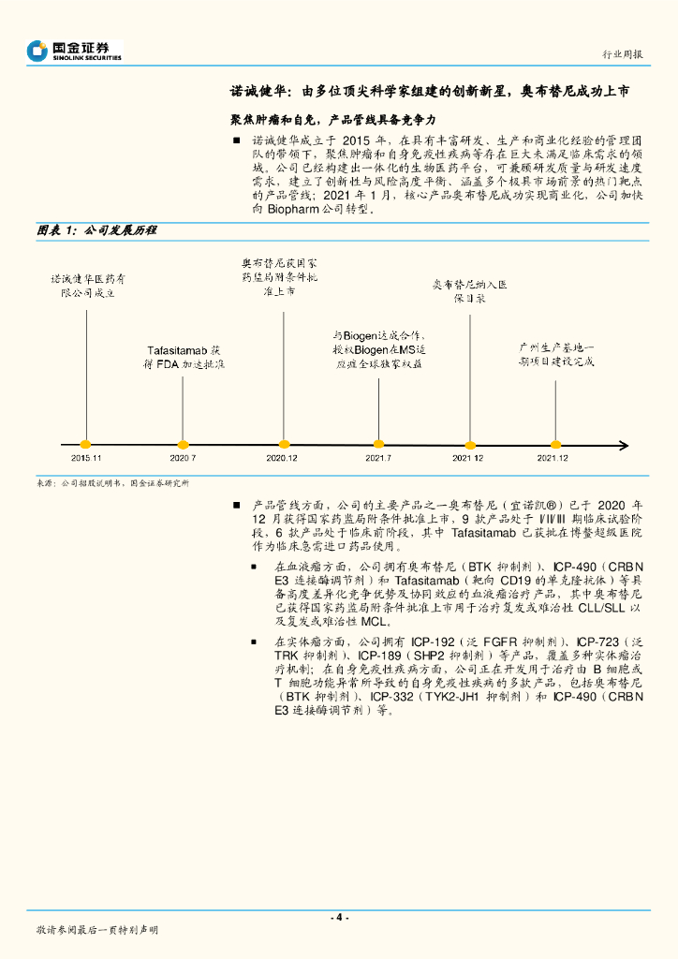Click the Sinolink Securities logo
74,51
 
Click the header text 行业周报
621,54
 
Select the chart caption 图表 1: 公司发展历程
96,229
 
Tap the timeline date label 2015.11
85,457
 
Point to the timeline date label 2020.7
183,457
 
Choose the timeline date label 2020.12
282,457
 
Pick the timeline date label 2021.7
377,457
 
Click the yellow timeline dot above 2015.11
85,444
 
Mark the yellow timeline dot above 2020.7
184,444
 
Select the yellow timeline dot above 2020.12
283,444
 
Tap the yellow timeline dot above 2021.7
377,444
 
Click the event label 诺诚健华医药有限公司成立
86,286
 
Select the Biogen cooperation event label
379,348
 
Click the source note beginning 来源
112,483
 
